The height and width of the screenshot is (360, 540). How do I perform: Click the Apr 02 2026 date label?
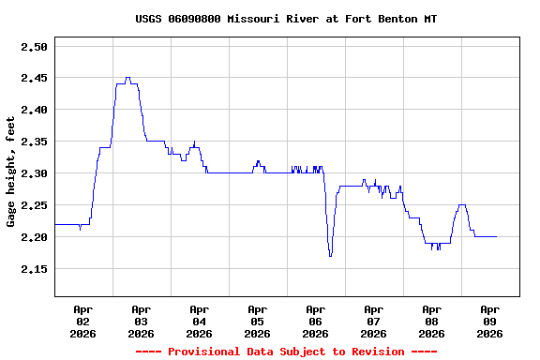[x=82, y=321]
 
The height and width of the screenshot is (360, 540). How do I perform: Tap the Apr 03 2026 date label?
[x=141, y=321]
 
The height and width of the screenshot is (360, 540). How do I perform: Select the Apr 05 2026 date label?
[x=257, y=321]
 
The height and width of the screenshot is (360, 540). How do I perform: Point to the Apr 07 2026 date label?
[x=373, y=321]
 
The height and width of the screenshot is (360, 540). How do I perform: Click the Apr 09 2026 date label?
[x=489, y=321]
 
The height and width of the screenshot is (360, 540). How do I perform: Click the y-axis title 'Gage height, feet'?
[x=11, y=172]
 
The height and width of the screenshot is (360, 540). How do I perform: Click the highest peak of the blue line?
[x=127, y=78]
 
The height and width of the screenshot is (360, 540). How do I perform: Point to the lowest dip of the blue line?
[x=330, y=255]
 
